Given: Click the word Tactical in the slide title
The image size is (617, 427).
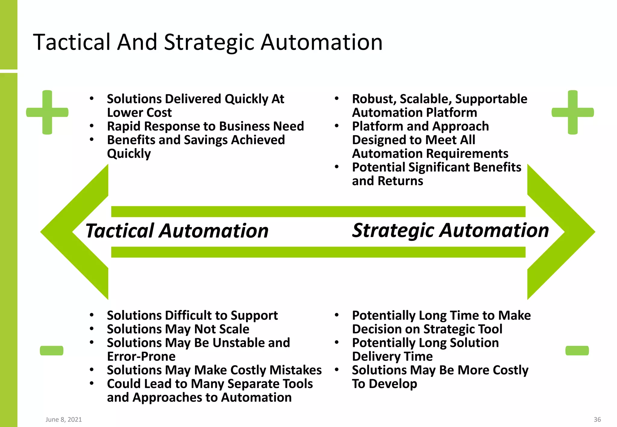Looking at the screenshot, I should (72, 42).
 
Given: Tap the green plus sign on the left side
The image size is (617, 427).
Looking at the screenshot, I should (47, 112).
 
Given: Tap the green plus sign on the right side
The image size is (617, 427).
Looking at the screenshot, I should (572, 112).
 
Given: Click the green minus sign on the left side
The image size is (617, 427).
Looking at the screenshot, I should (52, 351).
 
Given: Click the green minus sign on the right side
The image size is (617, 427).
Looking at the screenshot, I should (577, 351).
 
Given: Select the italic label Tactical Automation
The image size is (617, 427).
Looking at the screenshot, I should (177, 231).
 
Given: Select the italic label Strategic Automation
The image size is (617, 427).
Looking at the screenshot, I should (450, 231).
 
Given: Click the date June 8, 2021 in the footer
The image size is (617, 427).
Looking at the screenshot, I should (64, 419).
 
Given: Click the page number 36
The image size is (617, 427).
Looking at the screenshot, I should (597, 419).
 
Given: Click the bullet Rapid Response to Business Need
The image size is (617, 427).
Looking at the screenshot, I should (205, 126).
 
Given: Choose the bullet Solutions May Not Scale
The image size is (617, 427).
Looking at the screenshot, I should (178, 329).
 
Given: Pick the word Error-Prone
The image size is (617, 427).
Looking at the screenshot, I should (141, 357).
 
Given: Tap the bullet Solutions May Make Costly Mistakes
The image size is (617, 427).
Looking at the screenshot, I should (214, 370).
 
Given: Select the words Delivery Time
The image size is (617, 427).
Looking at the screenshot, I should (392, 357).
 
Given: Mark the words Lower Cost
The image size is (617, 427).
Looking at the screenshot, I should (139, 113).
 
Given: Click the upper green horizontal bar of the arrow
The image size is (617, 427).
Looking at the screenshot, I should (318, 212).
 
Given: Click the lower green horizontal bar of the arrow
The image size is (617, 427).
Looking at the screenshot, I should (318, 252).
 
